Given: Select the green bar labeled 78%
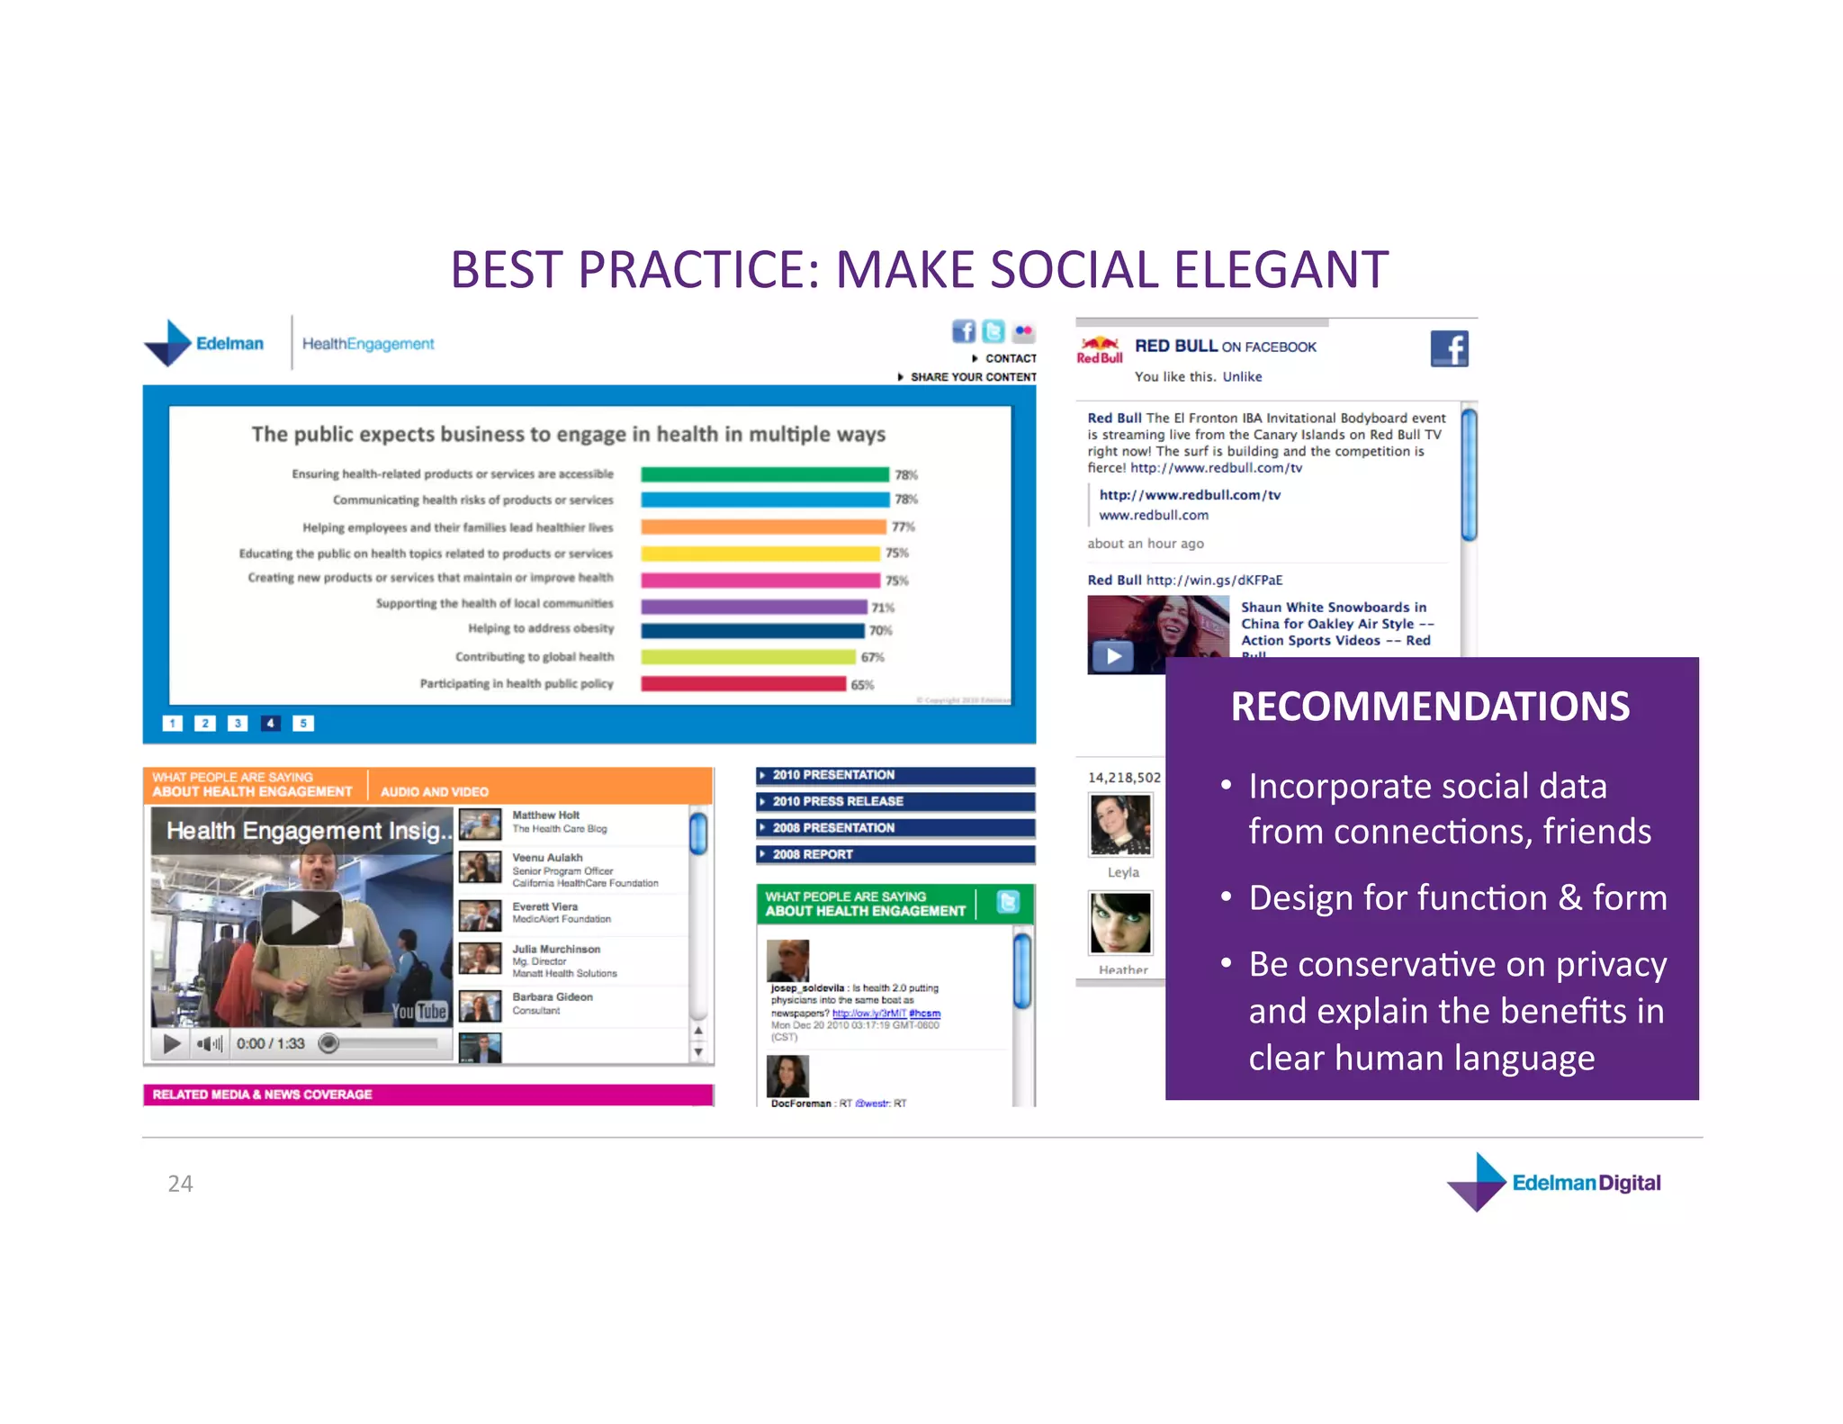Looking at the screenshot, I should [764, 474].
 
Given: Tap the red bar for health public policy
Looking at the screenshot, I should [743, 684].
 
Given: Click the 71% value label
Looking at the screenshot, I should [883, 608].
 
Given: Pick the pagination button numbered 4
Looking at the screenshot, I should [270, 723].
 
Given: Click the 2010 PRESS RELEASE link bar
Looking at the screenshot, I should [895, 801].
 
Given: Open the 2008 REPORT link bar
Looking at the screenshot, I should [895, 854].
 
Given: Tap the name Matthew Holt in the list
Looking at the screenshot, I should [546, 815].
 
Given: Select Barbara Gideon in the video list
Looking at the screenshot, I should [553, 996].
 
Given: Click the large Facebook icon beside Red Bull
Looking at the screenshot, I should [1449, 348].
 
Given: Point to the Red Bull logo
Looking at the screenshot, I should [1100, 349].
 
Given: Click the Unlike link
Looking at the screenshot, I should [1242, 376].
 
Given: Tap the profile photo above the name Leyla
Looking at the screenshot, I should [1120, 824].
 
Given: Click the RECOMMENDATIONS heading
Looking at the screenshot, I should [1430, 707].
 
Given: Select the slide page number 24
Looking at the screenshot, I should [180, 1183].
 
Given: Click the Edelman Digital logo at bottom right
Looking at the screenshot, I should [1554, 1182].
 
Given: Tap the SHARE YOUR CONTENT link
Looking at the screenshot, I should [972, 377].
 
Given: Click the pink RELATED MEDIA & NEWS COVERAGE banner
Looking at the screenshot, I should [428, 1095].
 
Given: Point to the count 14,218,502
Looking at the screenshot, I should [1124, 777].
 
